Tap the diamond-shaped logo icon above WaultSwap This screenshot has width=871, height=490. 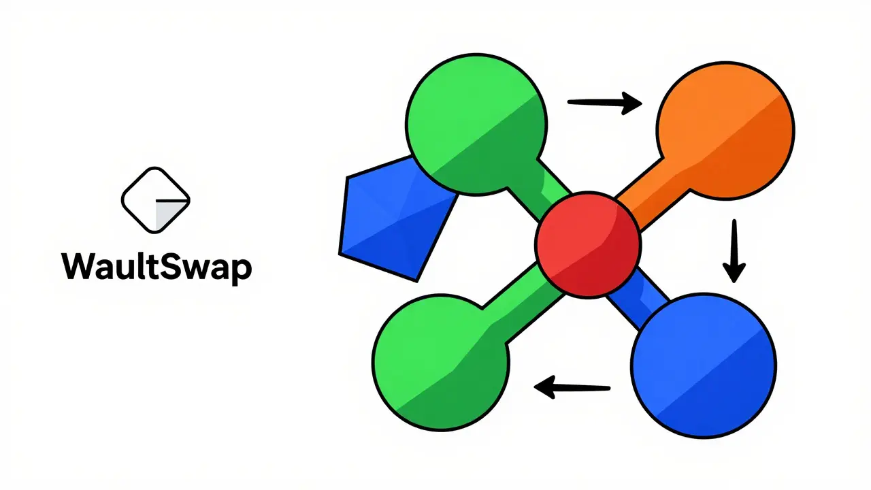(156, 200)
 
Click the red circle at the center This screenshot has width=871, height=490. (588, 245)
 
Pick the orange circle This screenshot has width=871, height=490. (725, 131)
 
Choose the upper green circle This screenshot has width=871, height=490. (477, 125)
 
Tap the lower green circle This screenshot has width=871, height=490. (441, 363)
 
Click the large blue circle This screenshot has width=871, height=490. (704, 365)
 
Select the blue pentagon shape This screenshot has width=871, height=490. (397, 218)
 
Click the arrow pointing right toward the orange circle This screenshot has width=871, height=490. (605, 103)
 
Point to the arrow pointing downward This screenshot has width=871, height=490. (734, 251)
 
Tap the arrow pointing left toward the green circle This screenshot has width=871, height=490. (572, 387)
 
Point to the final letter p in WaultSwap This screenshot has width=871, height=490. (242, 272)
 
